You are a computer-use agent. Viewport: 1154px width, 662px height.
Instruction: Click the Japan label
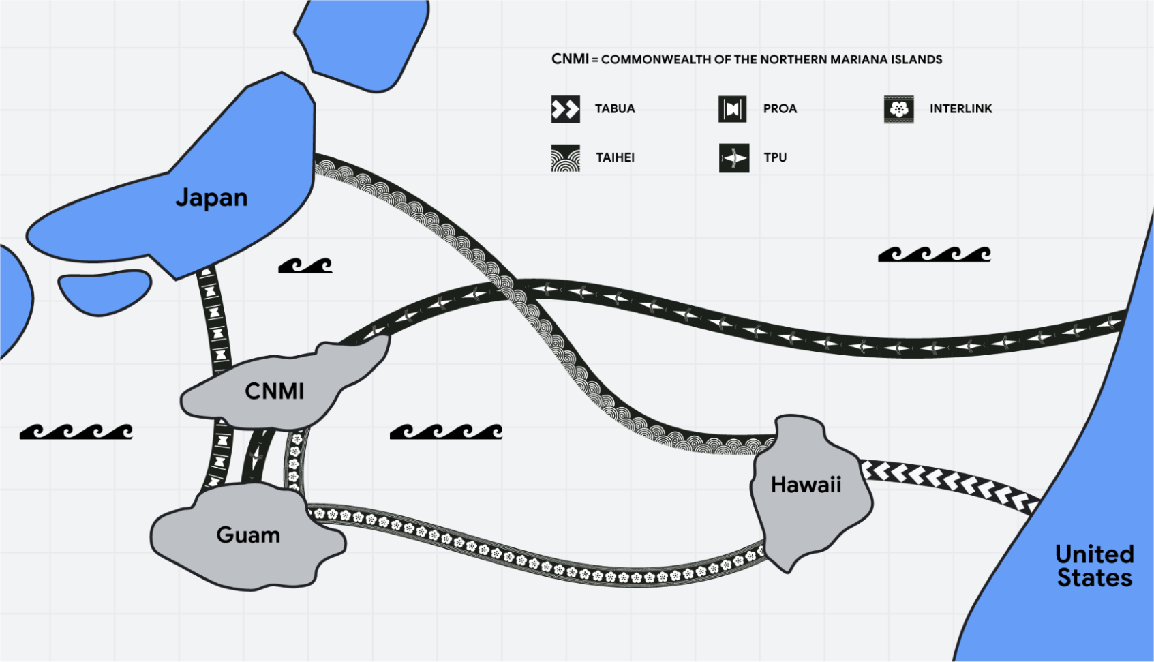[x=211, y=198]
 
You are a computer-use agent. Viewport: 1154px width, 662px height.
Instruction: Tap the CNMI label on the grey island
[x=274, y=391]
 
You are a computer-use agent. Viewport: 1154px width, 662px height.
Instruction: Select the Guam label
[x=248, y=535]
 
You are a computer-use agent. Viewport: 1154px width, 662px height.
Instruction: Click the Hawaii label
[x=806, y=485]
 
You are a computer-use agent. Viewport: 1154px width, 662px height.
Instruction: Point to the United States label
[x=1094, y=566]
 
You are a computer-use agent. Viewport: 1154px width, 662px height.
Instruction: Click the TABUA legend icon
[x=565, y=109]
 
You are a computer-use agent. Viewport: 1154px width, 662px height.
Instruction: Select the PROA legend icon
[x=732, y=109]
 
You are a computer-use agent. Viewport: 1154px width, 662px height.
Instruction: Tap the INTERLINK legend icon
[x=898, y=109]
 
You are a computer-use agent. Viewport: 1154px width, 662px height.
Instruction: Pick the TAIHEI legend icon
[x=565, y=157]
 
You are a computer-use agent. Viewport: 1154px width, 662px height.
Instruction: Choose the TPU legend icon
[x=733, y=157]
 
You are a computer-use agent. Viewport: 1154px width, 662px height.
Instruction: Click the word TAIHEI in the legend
[x=615, y=157]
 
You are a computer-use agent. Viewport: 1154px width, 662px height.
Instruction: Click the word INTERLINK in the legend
[x=960, y=109]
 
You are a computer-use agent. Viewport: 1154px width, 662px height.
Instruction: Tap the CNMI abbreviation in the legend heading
[x=570, y=59]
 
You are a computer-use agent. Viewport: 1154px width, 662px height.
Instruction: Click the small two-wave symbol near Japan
[x=305, y=266]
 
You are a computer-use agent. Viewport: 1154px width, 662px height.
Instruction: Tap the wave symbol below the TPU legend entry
[x=934, y=254]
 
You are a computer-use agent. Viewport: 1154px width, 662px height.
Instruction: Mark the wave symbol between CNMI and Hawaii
[x=446, y=432]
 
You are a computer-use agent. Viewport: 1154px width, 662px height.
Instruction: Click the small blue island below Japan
[x=104, y=292]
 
